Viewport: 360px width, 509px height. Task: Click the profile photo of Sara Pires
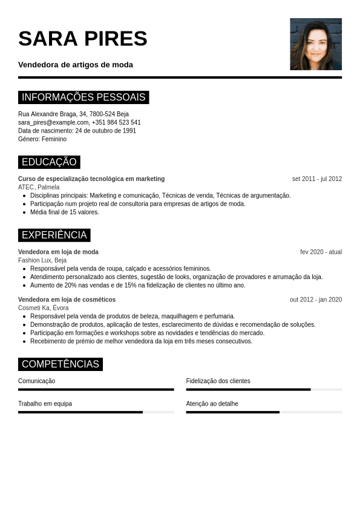[316, 44]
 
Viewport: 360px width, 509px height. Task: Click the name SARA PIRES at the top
[83, 38]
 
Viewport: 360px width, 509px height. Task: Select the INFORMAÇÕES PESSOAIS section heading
[83, 97]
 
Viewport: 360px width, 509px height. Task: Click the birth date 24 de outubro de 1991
[105, 131]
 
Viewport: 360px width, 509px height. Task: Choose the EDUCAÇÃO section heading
[49, 162]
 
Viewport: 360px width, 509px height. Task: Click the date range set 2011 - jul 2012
[316, 179]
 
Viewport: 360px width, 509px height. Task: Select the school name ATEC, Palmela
[39, 188]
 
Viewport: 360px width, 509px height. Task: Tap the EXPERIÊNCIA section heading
[54, 235]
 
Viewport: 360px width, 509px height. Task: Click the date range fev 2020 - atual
[321, 252]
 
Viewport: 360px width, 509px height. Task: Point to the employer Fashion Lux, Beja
[42, 260]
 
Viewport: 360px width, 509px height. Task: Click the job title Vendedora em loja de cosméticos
[67, 300]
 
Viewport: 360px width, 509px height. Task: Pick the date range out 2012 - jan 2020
[315, 300]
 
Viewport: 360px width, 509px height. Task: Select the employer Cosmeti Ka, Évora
[43, 308]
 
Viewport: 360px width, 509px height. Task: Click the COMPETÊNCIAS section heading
[61, 364]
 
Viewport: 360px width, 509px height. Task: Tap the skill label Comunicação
[36, 381]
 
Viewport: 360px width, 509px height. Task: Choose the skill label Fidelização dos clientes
[218, 381]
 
